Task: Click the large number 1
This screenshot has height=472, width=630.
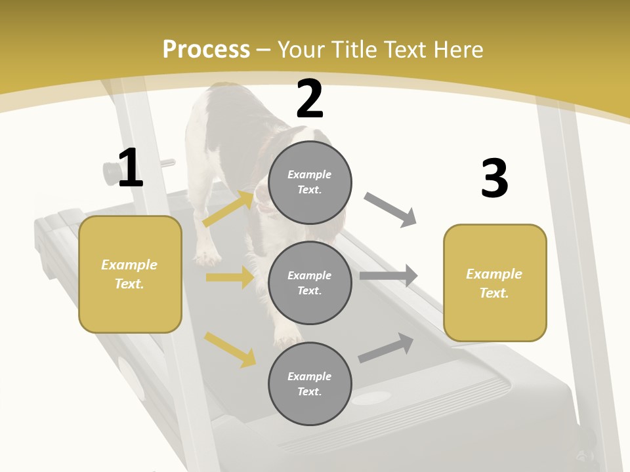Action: click(x=131, y=168)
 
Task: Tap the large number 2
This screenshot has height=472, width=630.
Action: click(x=310, y=99)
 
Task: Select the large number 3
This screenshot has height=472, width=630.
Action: click(x=495, y=178)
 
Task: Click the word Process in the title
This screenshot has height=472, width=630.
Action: click(x=206, y=49)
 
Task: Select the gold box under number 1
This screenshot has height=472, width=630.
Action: click(x=130, y=274)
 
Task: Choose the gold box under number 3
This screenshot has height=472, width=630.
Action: click(x=495, y=283)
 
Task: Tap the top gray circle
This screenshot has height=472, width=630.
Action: click(x=310, y=182)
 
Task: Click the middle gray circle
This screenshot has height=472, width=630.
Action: click(x=310, y=283)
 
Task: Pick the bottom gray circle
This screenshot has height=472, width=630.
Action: click(x=310, y=383)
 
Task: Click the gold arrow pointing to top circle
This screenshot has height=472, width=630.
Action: click(x=229, y=208)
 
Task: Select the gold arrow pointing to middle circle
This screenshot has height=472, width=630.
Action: click(x=230, y=277)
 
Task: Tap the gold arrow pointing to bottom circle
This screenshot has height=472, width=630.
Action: click(x=230, y=349)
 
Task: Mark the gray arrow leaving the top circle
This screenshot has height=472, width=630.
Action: click(x=390, y=210)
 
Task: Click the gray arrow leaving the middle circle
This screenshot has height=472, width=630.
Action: click(x=388, y=276)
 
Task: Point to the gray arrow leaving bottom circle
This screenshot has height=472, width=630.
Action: click(x=386, y=348)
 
